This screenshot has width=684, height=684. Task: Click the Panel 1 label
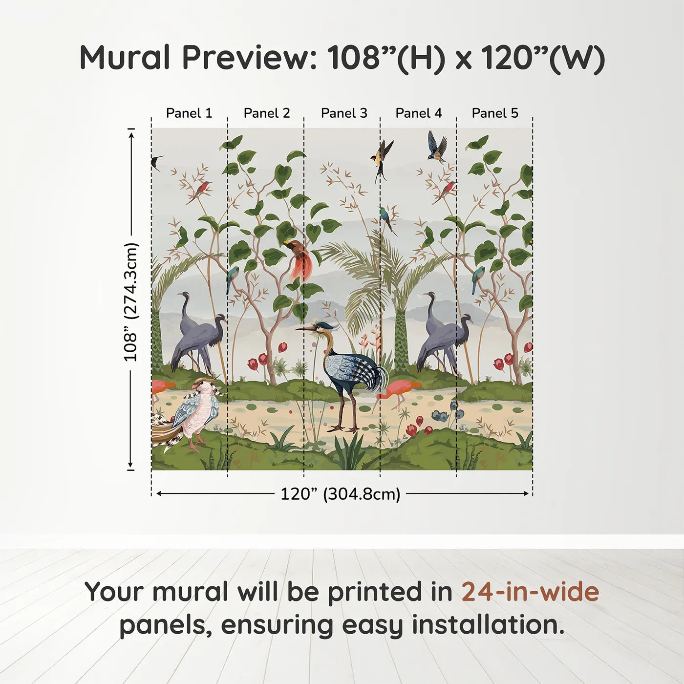(189, 113)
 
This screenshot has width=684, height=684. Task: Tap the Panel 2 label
(267, 113)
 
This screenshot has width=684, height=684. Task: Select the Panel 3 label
(344, 113)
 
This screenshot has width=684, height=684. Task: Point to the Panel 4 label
(419, 113)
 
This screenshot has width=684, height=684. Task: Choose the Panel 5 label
(495, 113)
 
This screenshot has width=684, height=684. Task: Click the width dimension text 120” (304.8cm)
(341, 494)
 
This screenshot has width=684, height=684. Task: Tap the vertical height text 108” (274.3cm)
(131, 302)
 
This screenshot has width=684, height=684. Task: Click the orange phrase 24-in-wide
(530, 592)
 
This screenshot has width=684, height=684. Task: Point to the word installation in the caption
(488, 625)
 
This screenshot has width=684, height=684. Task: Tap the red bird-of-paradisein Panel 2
(299, 259)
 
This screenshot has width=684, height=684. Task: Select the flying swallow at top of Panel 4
(437, 147)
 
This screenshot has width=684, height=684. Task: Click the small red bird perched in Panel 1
(203, 188)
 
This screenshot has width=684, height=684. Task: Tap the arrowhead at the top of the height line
(131, 133)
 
